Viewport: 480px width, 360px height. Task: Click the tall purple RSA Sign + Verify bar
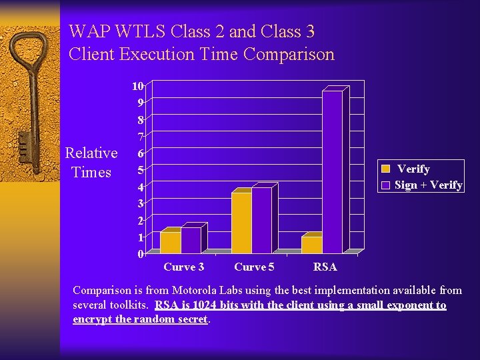click(332, 172)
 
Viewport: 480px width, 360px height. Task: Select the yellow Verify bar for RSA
click(311, 245)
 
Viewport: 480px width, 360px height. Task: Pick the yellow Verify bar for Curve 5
click(241, 223)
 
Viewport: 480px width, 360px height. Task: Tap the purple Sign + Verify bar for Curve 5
click(261, 221)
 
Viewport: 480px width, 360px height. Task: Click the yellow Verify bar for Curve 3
click(171, 242)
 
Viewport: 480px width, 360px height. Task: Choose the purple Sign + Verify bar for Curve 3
click(191, 240)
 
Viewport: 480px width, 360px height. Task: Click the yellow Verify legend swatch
click(385, 169)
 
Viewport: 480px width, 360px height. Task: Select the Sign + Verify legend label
click(429, 185)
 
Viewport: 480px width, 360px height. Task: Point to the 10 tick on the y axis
click(137, 86)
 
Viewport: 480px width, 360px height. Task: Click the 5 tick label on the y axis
click(140, 170)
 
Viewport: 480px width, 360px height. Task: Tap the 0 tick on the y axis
click(140, 254)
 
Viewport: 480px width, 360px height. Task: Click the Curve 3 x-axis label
click(183, 267)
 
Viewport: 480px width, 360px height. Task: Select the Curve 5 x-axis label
click(254, 267)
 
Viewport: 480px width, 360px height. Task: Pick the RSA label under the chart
click(325, 267)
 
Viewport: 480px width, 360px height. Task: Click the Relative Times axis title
click(91, 163)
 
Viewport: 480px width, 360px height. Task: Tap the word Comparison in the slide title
click(289, 54)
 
